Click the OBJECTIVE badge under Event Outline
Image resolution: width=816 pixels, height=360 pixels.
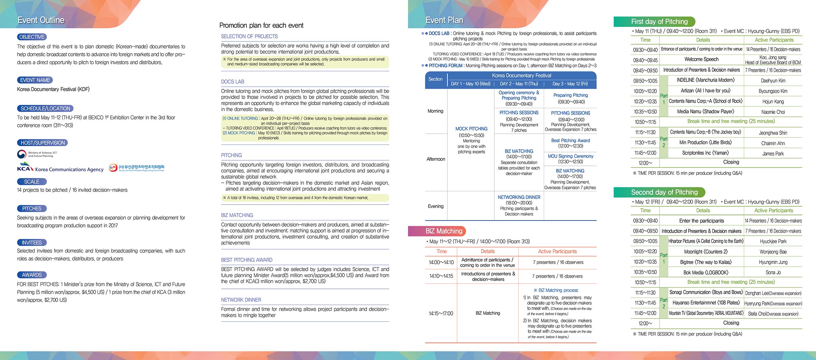point(32,37)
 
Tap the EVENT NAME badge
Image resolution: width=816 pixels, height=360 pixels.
point(35,80)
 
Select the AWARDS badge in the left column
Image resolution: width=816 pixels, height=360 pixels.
point(32,275)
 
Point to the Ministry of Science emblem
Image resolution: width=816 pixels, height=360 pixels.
point(22,154)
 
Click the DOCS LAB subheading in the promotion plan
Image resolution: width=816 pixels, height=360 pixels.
point(233,82)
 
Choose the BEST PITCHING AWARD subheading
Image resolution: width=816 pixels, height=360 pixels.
point(247,260)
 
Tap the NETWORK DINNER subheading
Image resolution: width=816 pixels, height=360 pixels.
point(241,300)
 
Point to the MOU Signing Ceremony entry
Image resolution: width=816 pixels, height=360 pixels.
point(570,159)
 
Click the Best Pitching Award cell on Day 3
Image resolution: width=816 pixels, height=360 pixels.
point(570,143)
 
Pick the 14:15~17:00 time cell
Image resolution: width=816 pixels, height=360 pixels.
point(441,314)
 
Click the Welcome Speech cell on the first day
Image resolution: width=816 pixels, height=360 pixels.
point(701,59)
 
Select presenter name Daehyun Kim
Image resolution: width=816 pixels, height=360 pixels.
point(773,81)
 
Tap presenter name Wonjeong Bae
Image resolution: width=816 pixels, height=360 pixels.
point(773,252)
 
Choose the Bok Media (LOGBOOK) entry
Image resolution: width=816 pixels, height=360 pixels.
point(705,273)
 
